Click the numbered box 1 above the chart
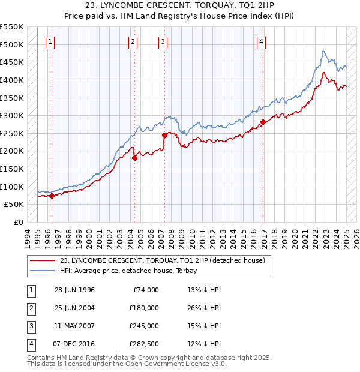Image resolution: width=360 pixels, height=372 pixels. (49, 41)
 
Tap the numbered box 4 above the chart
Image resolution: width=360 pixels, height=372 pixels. (262, 41)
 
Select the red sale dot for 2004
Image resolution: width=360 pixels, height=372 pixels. (134, 158)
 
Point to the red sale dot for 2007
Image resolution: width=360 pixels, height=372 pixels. (164, 135)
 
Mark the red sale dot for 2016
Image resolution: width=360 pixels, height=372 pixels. (263, 122)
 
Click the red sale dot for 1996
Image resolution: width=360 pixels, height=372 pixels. (52, 196)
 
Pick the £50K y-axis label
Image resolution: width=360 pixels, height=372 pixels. (13, 204)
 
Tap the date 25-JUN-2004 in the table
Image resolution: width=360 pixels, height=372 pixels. (74, 308)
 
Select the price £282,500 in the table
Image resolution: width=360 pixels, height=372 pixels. (143, 344)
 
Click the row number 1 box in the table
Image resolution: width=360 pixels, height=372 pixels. (30, 290)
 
